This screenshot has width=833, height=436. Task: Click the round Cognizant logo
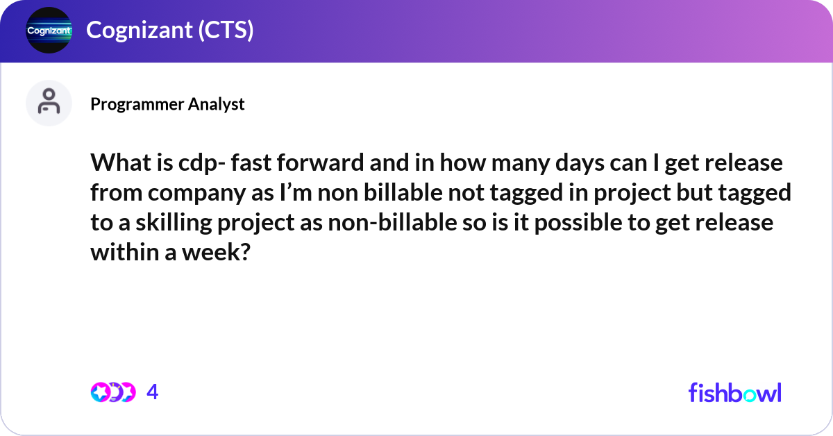click(49, 30)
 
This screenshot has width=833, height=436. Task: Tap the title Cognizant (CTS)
click(170, 30)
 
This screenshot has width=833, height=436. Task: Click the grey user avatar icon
click(49, 103)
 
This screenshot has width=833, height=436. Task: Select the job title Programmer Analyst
click(167, 104)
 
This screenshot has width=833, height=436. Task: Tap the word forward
click(320, 162)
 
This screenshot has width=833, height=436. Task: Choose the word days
click(580, 164)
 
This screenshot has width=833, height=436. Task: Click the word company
click(196, 194)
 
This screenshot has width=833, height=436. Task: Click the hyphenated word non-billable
click(392, 222)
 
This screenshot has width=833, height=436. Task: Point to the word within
click(124, 252)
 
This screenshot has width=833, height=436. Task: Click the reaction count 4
click(153, 392)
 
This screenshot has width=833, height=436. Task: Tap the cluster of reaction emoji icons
click(113, 392)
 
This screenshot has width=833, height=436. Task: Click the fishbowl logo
click(734, 392)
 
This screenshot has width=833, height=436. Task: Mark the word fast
click(251, 162)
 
